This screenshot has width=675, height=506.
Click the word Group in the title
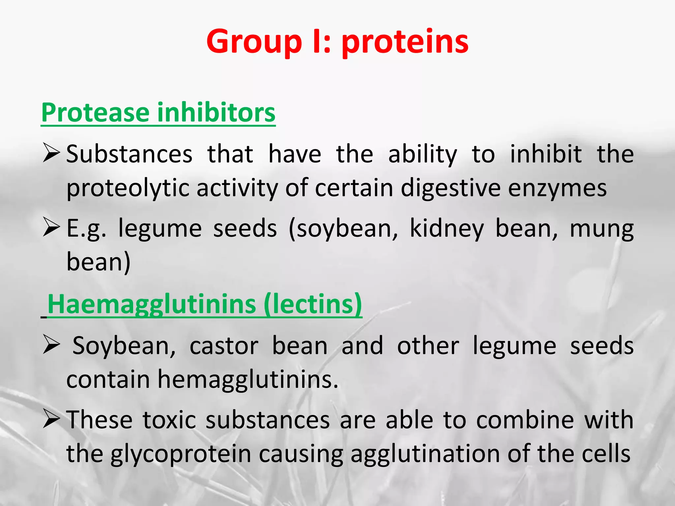point(254,42)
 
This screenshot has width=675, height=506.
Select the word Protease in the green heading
point(96,113)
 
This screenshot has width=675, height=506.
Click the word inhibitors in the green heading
point(216,113)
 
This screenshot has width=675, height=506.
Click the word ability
point(423,154)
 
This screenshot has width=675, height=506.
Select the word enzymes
point(557,188)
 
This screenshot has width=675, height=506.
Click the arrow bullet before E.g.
point(51,228)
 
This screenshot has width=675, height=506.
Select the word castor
point(224,346)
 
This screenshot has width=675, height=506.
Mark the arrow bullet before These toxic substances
point(51,420)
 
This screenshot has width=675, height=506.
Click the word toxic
point(169,420)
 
